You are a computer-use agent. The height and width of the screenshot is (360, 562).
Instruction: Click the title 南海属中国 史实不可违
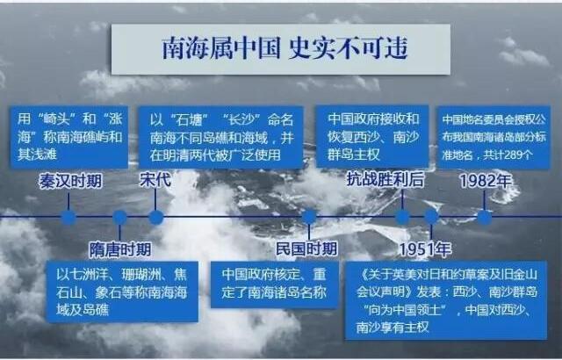point(285,48)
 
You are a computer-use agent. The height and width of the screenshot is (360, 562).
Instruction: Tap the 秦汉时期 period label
point(70,181)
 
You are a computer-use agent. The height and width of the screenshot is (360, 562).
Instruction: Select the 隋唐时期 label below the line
point(120,249)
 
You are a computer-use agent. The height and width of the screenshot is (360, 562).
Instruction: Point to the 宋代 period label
point(155,179)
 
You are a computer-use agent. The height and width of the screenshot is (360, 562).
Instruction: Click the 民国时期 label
point(306,248)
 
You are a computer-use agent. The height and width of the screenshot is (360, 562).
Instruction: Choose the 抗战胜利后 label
point(385,179)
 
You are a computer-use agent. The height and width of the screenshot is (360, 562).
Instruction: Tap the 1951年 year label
point(425,249)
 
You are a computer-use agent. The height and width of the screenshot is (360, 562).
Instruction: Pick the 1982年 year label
point(486,181)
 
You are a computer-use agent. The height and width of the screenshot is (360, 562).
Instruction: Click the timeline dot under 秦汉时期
point(68,218)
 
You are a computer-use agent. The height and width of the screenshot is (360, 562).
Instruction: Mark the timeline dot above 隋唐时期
point(119,218)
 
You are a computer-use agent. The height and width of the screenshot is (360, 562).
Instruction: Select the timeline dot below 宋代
point(156,218)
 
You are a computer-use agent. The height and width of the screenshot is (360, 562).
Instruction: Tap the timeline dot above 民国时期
point(309,217)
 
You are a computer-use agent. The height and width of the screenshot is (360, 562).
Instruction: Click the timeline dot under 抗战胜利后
point(402,217)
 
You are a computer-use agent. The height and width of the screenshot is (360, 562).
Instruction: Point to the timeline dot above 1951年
point(431,216)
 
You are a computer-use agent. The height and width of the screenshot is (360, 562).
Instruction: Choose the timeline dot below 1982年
point(484,218)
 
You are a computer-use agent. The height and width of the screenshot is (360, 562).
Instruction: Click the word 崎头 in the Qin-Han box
point(54,119)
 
